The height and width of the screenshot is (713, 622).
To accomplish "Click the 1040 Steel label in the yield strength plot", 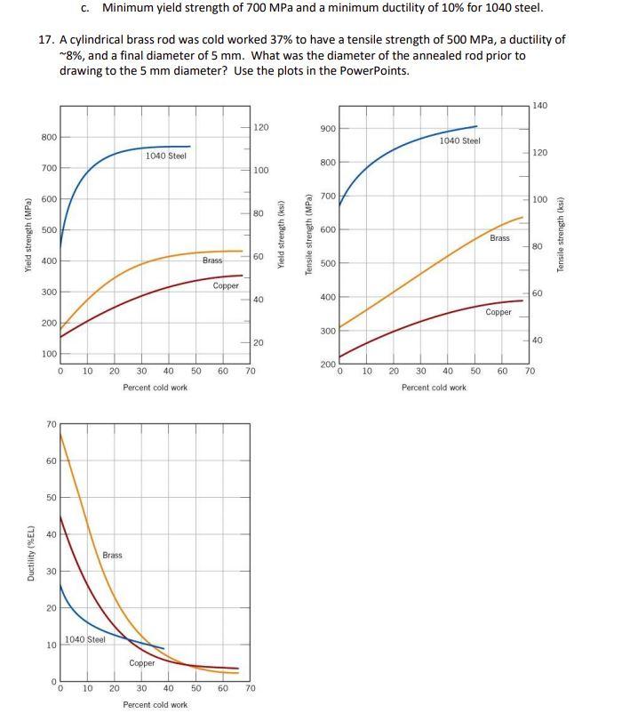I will pos(165,156).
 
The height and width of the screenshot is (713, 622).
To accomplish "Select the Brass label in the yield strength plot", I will pos(212,260).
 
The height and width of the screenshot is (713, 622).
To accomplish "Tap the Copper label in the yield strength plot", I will pos(226,286).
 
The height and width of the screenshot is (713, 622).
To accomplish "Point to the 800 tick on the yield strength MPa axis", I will pos(49,137).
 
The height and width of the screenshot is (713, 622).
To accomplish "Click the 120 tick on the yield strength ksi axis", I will pos(260,128).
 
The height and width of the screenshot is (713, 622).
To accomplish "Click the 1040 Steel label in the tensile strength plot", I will pos(459,140).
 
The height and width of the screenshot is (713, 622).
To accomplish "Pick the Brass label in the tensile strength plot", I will pos(500,238).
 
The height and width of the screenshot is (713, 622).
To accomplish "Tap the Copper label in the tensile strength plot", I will pos(498,312).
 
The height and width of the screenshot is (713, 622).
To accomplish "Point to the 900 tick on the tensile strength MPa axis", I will pos(327,130).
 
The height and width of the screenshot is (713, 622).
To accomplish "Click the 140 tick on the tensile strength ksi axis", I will pos(540,106).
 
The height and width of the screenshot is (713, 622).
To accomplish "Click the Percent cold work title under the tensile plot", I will pos(434,388).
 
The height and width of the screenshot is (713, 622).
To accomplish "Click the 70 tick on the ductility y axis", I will pos(50,425).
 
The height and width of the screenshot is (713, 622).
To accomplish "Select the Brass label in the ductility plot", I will pos(112,556).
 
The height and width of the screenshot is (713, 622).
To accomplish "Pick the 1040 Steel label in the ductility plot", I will pos(84,639).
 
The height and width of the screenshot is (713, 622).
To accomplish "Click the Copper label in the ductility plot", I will pos(142,663).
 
